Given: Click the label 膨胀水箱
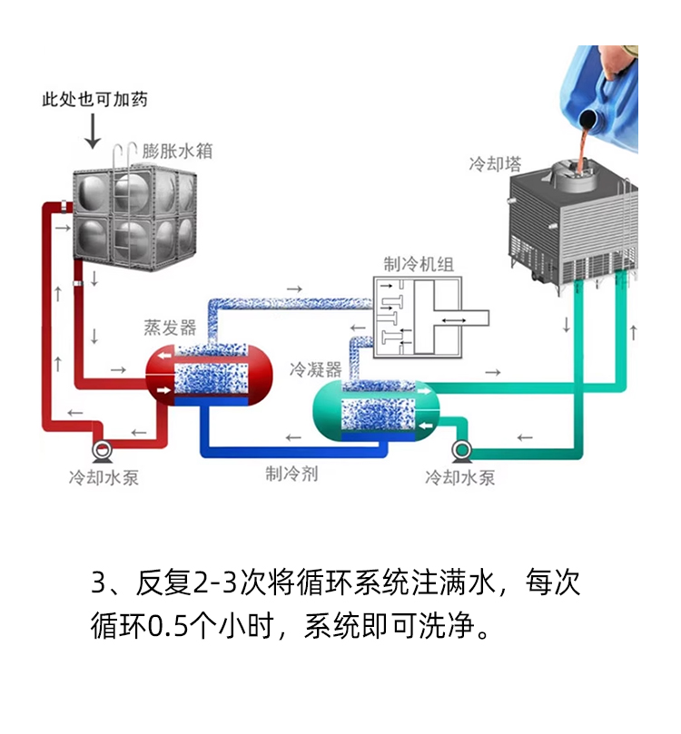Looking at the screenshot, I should point(177,152).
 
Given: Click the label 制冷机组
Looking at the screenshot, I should point(419,265).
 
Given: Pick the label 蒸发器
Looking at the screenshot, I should point(170,328).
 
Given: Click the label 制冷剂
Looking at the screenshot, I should point(291,473).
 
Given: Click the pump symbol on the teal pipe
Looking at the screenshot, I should point(461,449).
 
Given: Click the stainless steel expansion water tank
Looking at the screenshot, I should point(133,215).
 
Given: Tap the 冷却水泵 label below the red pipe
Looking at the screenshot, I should point(104,477).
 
